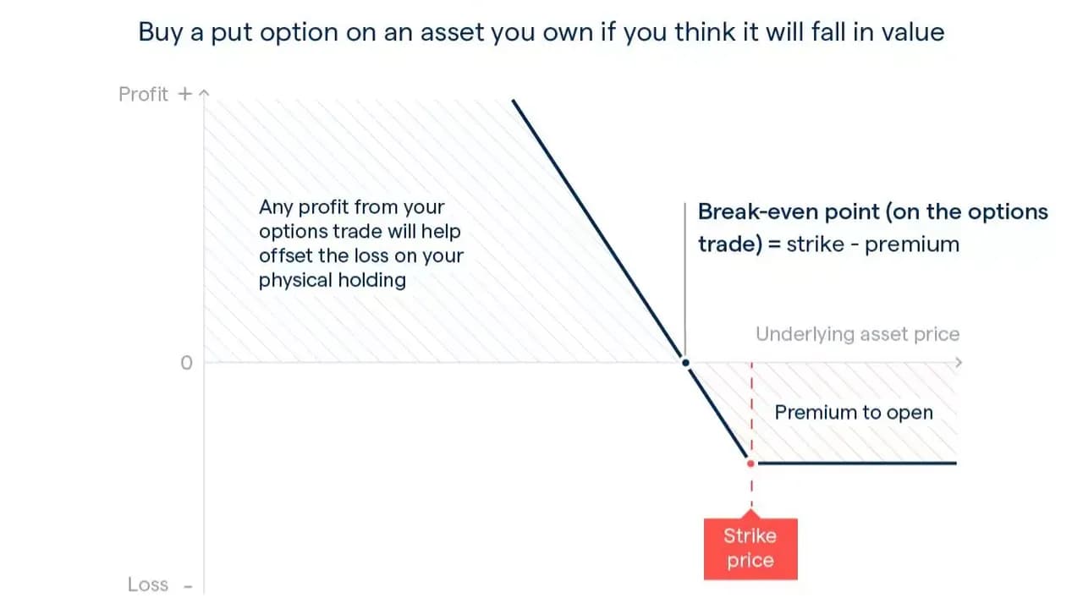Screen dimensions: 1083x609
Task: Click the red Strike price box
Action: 750,549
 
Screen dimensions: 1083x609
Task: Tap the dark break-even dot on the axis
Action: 685,363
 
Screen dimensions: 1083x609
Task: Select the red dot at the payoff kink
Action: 750,464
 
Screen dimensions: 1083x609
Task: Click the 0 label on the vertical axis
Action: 187,363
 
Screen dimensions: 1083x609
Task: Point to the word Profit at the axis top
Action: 143,94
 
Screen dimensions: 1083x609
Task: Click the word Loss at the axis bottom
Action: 148,584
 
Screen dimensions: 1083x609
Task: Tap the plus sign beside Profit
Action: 184,94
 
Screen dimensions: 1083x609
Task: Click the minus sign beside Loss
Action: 188,587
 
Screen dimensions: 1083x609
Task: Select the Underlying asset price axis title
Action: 858,334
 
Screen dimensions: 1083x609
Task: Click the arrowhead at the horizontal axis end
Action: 959,363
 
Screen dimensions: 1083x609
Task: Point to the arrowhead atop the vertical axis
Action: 205,92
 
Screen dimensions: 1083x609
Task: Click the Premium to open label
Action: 854,413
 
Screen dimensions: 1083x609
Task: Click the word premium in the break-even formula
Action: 912,245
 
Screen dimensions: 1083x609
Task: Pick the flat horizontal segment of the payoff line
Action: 857,463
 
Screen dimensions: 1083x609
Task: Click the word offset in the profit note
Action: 285,255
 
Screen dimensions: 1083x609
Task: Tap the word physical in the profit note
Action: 295,281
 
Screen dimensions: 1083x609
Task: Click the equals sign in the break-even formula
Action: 774,244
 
